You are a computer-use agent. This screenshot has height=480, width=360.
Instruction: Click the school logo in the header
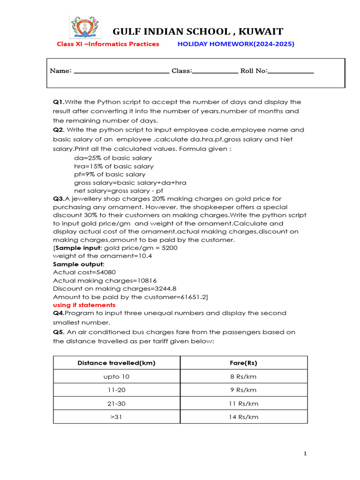tap(84, 27)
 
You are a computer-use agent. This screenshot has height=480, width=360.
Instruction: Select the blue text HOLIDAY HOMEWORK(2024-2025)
tap(236, 44)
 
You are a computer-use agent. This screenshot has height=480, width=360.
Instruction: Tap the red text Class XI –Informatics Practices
tap(108, 44)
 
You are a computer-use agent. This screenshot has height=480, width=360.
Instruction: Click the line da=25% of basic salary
tap(113, 158)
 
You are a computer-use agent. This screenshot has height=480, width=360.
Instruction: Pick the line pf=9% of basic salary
tap(110, 174)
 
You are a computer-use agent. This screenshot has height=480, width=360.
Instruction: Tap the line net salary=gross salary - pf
tap(119, 191)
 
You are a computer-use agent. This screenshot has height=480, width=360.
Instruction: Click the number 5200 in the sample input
tap(169, 247)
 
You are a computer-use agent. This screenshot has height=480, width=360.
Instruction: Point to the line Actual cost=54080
tap(84, 272)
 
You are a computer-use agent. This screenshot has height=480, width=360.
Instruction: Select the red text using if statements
tap(84, 305)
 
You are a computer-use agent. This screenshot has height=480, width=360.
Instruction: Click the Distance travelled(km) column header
tap(117, 363)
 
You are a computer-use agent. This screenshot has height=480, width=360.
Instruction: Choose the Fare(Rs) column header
tap(244, 363)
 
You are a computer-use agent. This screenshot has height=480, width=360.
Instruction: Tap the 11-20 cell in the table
tap(117, 390)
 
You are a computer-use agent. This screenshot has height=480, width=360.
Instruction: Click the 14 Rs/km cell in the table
tap(244, 417)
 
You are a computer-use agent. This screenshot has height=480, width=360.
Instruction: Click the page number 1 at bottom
tap(305, 453)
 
